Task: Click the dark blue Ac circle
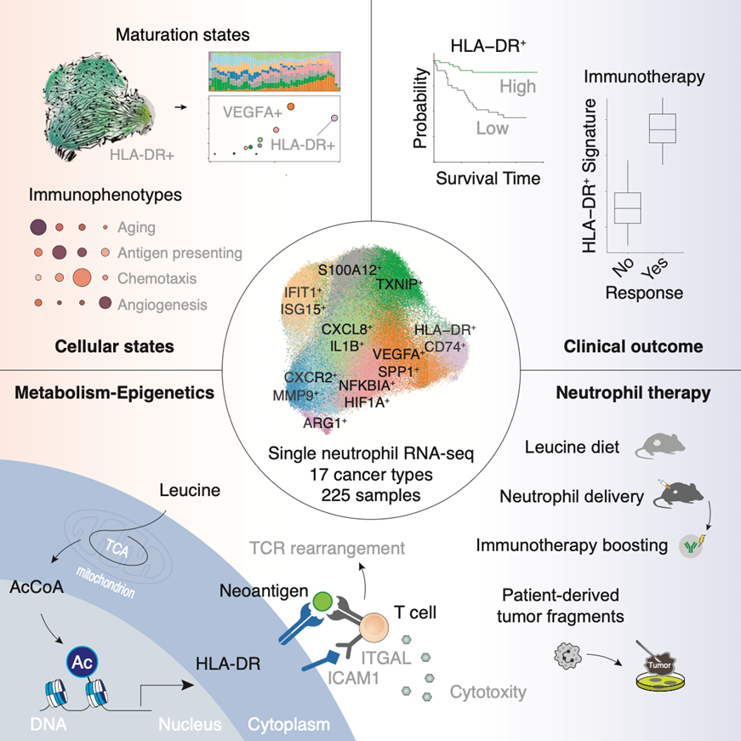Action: pos(83,662)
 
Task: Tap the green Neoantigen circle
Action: pos(322,601)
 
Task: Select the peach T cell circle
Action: pos(373,627)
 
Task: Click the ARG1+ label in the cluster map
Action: pos(325,423)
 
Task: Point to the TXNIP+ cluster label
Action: pos(399,284)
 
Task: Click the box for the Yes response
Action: pos(663,128)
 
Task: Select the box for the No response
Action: pos(628,208)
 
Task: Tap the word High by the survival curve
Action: pos(518,87)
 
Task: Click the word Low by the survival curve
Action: pos(493,128)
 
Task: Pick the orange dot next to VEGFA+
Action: pos(291,106)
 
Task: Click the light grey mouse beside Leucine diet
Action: pos(660,446)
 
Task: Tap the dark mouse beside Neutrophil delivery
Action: pos(679,494)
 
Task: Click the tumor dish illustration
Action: pos(659,666)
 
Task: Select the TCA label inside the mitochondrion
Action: pos(117,548)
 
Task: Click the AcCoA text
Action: pos(37,587)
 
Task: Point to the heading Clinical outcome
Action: pos(633,346)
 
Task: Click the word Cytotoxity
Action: pos(488,693)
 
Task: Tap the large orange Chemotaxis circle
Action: pos(83,277)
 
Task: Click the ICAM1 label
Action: pos(354,678)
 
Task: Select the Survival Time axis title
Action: pos(488,178)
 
